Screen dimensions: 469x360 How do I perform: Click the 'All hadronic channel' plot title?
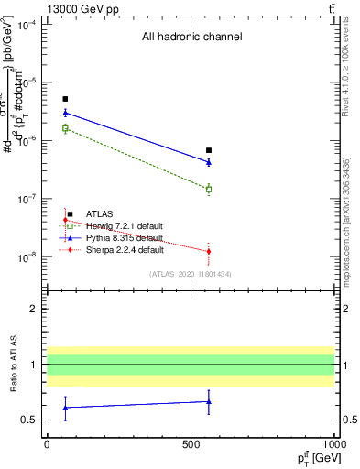click(x=191, y=38)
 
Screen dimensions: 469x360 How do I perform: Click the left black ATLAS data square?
click(x=65, y=99)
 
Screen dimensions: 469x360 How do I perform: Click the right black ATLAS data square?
click(x=209, y=150)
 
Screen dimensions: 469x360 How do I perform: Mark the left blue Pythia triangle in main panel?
click(x=65, y=113)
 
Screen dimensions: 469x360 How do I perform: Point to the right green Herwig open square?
click(x=209, y=189)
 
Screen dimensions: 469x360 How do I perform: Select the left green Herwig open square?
click(x=65, y=128)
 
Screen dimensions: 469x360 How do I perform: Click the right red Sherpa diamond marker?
click(x=209, y=251)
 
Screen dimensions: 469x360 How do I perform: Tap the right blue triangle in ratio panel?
click(x=209, y=401)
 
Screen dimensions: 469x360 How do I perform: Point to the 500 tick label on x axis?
click(x=190, y=443)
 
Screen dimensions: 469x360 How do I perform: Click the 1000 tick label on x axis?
click(x=333, y=443)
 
